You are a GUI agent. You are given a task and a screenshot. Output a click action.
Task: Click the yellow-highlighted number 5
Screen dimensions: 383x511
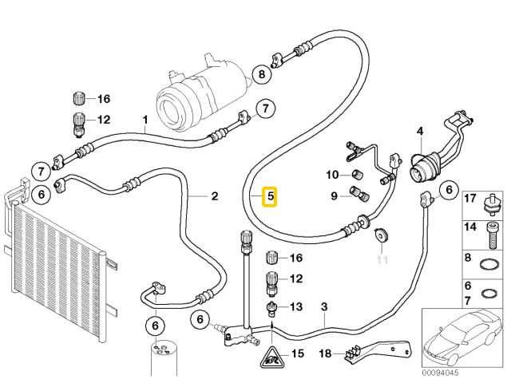point(270,195)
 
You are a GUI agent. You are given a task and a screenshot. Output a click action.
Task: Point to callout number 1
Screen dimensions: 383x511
point(145,121)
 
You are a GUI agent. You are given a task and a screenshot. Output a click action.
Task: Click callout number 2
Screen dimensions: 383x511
point(214,195)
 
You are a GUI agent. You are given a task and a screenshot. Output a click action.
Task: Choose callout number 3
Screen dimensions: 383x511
point(324,306)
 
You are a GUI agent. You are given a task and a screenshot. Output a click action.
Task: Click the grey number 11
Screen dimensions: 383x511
point(382,260)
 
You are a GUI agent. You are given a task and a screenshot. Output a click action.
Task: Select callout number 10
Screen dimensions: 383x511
point(331,175)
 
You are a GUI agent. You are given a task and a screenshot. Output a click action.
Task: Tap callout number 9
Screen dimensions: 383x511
point(334,194)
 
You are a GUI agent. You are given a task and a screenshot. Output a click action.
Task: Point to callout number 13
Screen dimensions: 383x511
point(295,306)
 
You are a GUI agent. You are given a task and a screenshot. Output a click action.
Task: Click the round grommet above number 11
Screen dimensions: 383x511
point(381,236)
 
